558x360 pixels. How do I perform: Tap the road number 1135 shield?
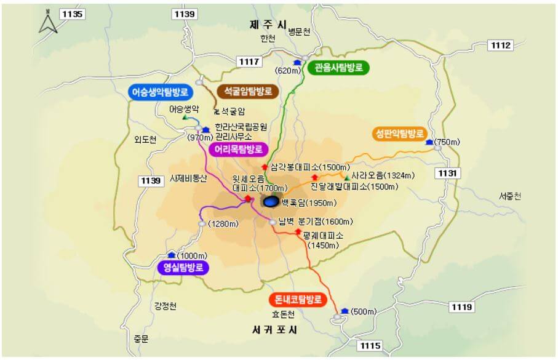click(x=71, y=13)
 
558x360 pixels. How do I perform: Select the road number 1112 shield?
click(x=501, y=45)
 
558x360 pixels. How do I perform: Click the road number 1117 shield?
click(x=250, y=61)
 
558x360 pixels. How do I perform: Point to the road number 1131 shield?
click(x=447, y=174)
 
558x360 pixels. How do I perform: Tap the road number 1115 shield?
click(x=371, y=346)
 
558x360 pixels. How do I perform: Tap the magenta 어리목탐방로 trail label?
click(x=238, y=149)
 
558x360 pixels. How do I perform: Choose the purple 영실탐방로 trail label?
click(x=183, y=268)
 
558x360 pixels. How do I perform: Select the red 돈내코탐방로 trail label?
click(x=297, y=300)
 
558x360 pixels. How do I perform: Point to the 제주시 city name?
click(x=268, y=25)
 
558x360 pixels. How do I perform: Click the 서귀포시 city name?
click(x=274, y=330)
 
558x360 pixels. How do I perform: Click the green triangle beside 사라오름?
click(x=348, y=178)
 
